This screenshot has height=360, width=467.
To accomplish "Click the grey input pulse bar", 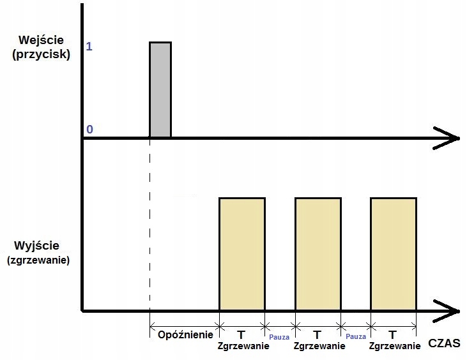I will click(160, 89).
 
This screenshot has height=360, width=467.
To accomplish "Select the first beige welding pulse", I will click(241, 254).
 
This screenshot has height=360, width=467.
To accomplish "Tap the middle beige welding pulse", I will click(318, 254).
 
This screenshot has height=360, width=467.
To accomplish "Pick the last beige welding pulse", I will click(394, 254).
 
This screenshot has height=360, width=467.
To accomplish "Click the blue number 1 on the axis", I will click(89, 47).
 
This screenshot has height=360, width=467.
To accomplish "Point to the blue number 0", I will click(89, 129).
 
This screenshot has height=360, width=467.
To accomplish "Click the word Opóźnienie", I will click(185, 334).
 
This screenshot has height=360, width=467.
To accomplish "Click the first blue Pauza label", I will click(280, 336).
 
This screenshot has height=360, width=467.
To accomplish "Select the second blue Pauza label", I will click(355, 336).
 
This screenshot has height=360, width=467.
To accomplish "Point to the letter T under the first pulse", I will click(241, 334).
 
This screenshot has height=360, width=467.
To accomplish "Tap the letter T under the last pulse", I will click(392, 334).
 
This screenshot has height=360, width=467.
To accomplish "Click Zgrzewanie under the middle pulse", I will click(318, 346).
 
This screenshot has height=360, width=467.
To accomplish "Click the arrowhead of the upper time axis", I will click(450, 137).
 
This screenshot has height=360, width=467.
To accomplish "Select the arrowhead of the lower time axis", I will click(450, 310).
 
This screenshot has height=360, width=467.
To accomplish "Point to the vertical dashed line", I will click(149, 230).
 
